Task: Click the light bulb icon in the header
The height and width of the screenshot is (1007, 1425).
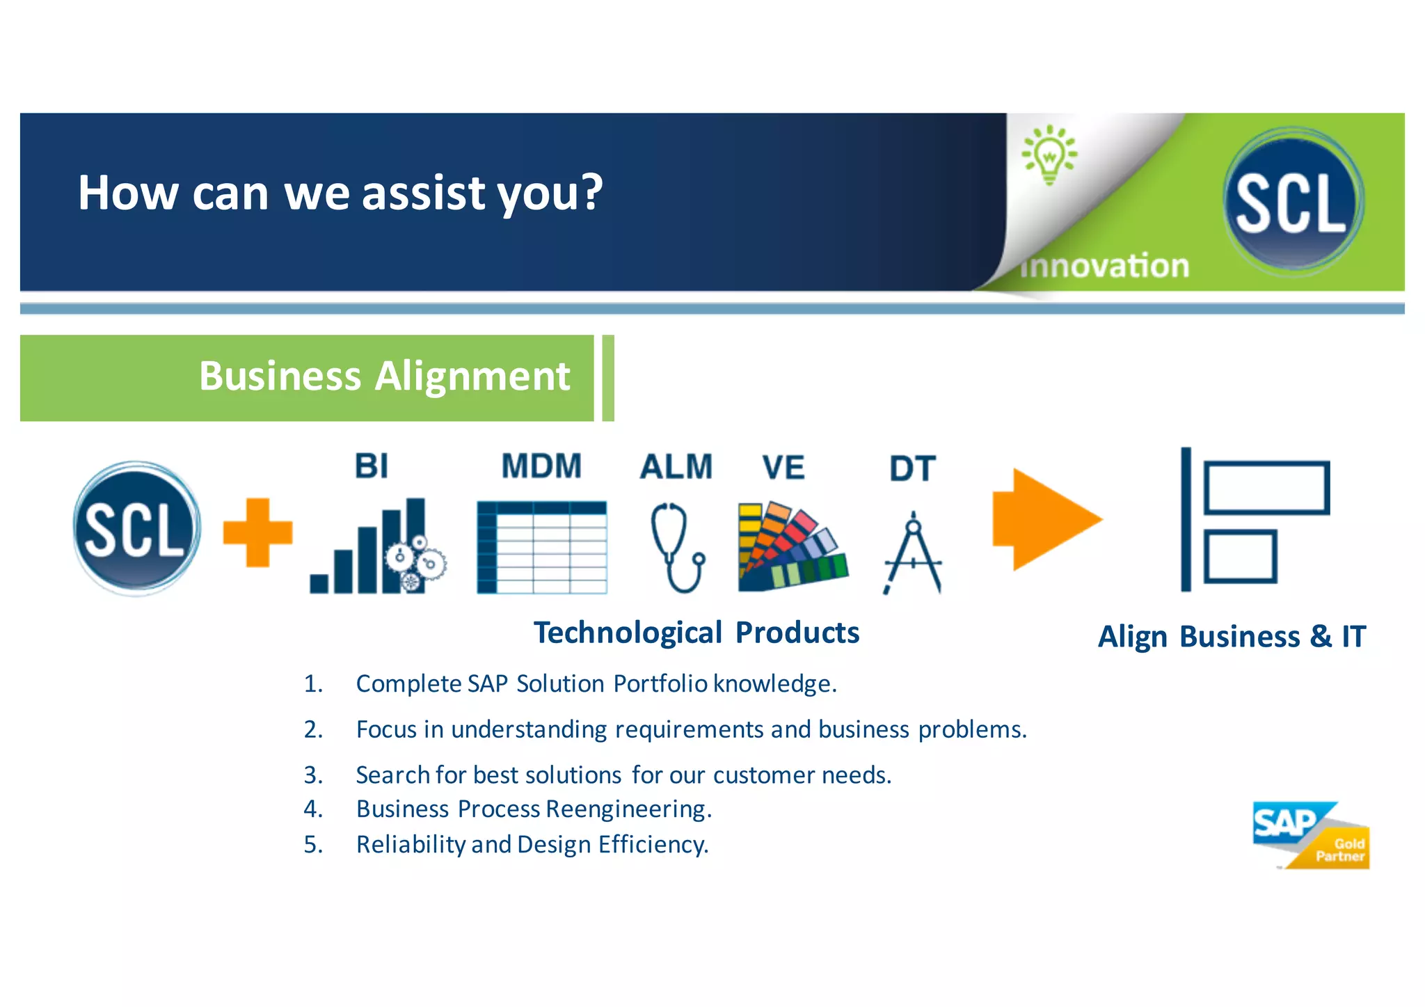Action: click(1049, 154)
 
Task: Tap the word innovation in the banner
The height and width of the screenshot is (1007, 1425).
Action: click(1105, 267)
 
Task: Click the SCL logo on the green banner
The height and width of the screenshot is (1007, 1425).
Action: click(1292, 202)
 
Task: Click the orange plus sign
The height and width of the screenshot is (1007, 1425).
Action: click(257, 532)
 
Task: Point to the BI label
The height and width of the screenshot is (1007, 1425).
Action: click(372, 466)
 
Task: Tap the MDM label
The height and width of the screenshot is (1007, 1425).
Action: click(541, 466)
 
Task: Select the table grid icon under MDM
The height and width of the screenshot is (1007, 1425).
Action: click(541, 548)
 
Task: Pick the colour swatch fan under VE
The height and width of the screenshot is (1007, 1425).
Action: click(792, 548)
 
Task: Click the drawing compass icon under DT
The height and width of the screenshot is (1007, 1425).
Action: click(913, 553)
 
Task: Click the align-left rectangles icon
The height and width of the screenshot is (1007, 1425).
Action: click(1254, 520)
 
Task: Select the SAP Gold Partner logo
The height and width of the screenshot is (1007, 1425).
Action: click(1310, 835)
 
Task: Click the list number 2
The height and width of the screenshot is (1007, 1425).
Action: click(313, 729)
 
